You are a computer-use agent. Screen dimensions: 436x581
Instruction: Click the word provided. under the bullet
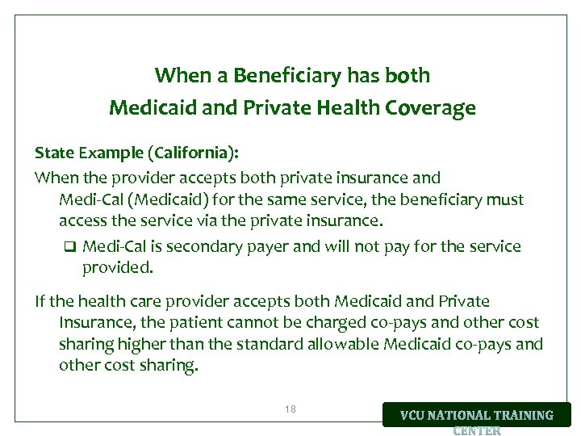point(117,266)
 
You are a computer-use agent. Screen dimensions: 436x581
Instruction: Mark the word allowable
point(334,344)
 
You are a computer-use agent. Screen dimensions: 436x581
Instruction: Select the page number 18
point(290,409)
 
